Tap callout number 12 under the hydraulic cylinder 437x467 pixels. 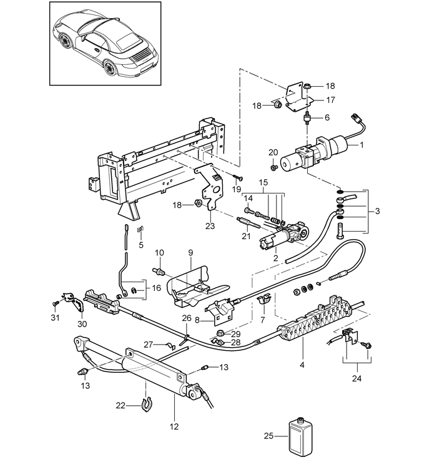[x=174, y=427]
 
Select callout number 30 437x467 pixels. [x=81, y=324]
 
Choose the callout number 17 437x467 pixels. [x=330, y=99]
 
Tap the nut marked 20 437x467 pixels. [x=273, y=167]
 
